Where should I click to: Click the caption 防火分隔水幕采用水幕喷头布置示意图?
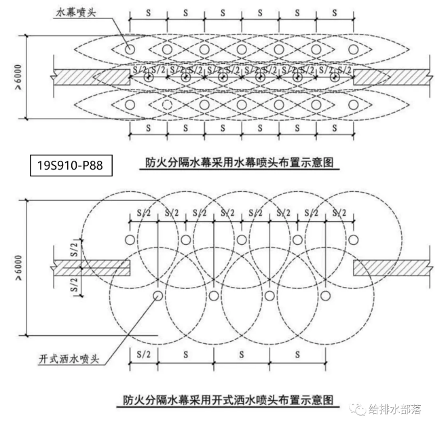click(242, 162)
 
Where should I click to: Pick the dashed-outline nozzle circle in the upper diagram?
click(167, 104)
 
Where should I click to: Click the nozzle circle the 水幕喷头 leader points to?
click(130, 49)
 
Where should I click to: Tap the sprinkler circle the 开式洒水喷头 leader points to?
click(157, 296)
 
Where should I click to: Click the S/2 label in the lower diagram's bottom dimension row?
click(143, 353)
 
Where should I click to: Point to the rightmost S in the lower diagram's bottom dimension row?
click(297, 353)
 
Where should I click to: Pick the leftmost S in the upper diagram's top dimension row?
click(148, 12)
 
